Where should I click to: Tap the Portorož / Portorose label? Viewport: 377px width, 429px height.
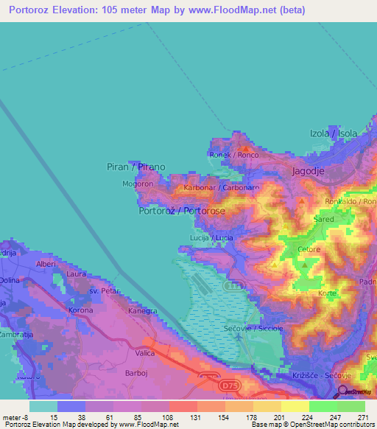[x=182, y=211]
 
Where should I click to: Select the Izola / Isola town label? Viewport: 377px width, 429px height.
[x=333, y=133]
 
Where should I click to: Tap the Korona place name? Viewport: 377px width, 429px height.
[x=80, y=310]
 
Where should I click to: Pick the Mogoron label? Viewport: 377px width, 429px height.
[x=138, y=184]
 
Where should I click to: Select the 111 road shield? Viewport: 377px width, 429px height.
[x=235, y=285]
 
